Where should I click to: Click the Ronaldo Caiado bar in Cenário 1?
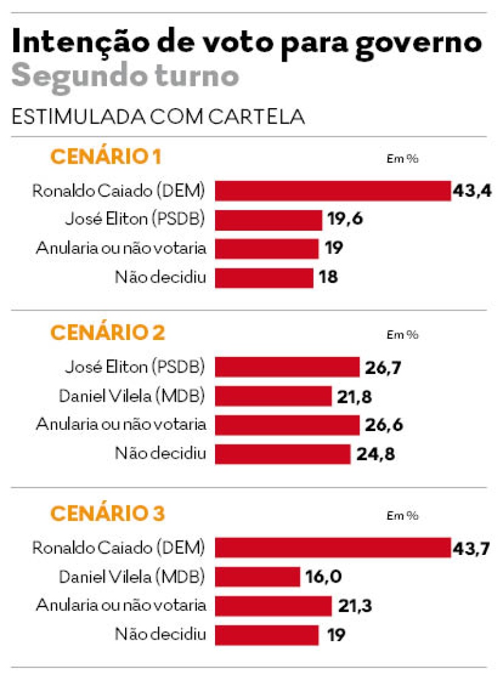pyautogui.click(x=333, y=190)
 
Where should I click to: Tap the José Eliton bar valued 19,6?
pyautogui.click(x=268, y=219)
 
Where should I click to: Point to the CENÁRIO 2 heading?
pyautogui.click(x=107, y=332)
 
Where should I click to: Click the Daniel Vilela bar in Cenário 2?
pyautogui.click(x=274, y=397)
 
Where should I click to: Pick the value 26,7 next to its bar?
pyautogui.click(x=384, y=368)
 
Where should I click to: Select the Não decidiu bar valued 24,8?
pyautogui.click(x=282, y=454)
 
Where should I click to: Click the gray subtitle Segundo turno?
pyautogui.click(x=125, y=77)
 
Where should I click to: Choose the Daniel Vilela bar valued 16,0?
pyautogui.click(x=258, y=576)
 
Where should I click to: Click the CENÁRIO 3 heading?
pyautogui.click(x=107, y=513)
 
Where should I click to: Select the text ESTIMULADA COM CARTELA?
pyautogui.click(x=158, y=118)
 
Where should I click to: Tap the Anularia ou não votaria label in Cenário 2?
pyautogui.click(x=121, y=424)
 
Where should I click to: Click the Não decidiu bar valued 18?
pyautogui.click(x=264, y=277)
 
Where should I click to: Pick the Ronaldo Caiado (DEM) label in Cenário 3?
pyautogui.click(x=119, y=547)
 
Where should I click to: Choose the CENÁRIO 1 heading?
pyautogui.click(x=105, y=156)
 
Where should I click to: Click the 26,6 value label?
pyautogui.click(x=384, y=425)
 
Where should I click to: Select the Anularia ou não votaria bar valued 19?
pyautogui.click(x=267, y=248)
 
